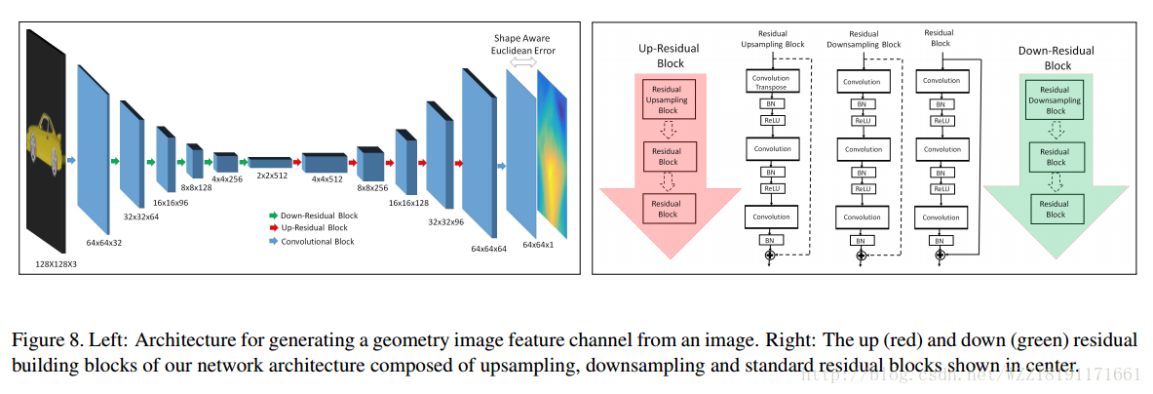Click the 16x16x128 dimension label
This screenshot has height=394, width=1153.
tap(409, 205)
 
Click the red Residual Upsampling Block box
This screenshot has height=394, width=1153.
tap(667, 99)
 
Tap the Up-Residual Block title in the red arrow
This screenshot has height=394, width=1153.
tap(666, 56)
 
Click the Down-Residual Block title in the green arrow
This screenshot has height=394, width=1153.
tap(1044, 58)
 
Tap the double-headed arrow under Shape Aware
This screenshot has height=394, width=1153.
tap(524, 61)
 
